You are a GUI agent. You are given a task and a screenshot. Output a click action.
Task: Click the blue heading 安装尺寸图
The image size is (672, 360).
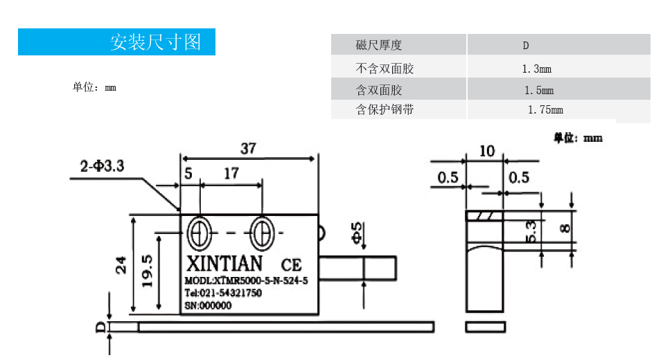pos(155,42)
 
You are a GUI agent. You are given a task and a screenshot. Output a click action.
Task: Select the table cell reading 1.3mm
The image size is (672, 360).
pos(536,69)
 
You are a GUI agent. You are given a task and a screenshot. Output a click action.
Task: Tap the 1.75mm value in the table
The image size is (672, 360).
pos(545,109)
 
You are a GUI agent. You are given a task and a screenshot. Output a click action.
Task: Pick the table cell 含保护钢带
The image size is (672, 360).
pos(384,109)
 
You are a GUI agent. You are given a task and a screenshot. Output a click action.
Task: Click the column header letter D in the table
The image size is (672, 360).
pos(526,46)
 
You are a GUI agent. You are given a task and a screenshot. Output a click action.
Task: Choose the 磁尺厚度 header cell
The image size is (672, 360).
pos(379,46)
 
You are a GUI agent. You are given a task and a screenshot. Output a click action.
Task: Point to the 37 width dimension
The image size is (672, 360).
pos(248,148)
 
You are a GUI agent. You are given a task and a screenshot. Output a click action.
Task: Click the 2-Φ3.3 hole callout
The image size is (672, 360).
pos(102,167)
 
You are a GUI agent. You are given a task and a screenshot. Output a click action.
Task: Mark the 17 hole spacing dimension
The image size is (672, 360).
pos(231,173)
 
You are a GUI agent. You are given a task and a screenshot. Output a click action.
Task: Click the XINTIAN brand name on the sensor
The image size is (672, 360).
pos(224,264)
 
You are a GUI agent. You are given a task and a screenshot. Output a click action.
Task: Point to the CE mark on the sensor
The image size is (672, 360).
pos(291,265)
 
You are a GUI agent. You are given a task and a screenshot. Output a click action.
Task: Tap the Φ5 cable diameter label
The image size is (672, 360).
pos(357,233)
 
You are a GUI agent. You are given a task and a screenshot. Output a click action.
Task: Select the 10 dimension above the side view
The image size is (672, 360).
pos(487,150)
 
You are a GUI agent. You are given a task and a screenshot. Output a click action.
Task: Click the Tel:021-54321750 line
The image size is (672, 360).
pos(222,293)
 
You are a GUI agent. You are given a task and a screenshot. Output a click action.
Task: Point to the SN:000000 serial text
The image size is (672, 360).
pos(208,305)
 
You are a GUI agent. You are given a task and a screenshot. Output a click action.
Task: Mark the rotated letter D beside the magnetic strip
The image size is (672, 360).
pos(100,326)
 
